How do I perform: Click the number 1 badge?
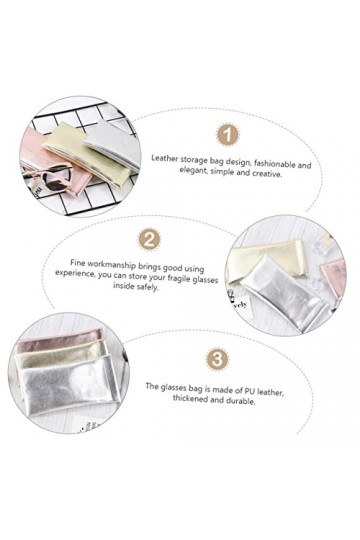[x=227, y=134]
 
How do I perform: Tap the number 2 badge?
[x=149, y=239]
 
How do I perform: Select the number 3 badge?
[x=217, y=360]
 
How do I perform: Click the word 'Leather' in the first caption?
[x=165, y=159]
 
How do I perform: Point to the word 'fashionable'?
[x=273, y=164]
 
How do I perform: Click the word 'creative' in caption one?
[x=267, y=174]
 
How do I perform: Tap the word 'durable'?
[x=241, y=401]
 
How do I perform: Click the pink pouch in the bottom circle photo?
[x=59, y=340]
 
